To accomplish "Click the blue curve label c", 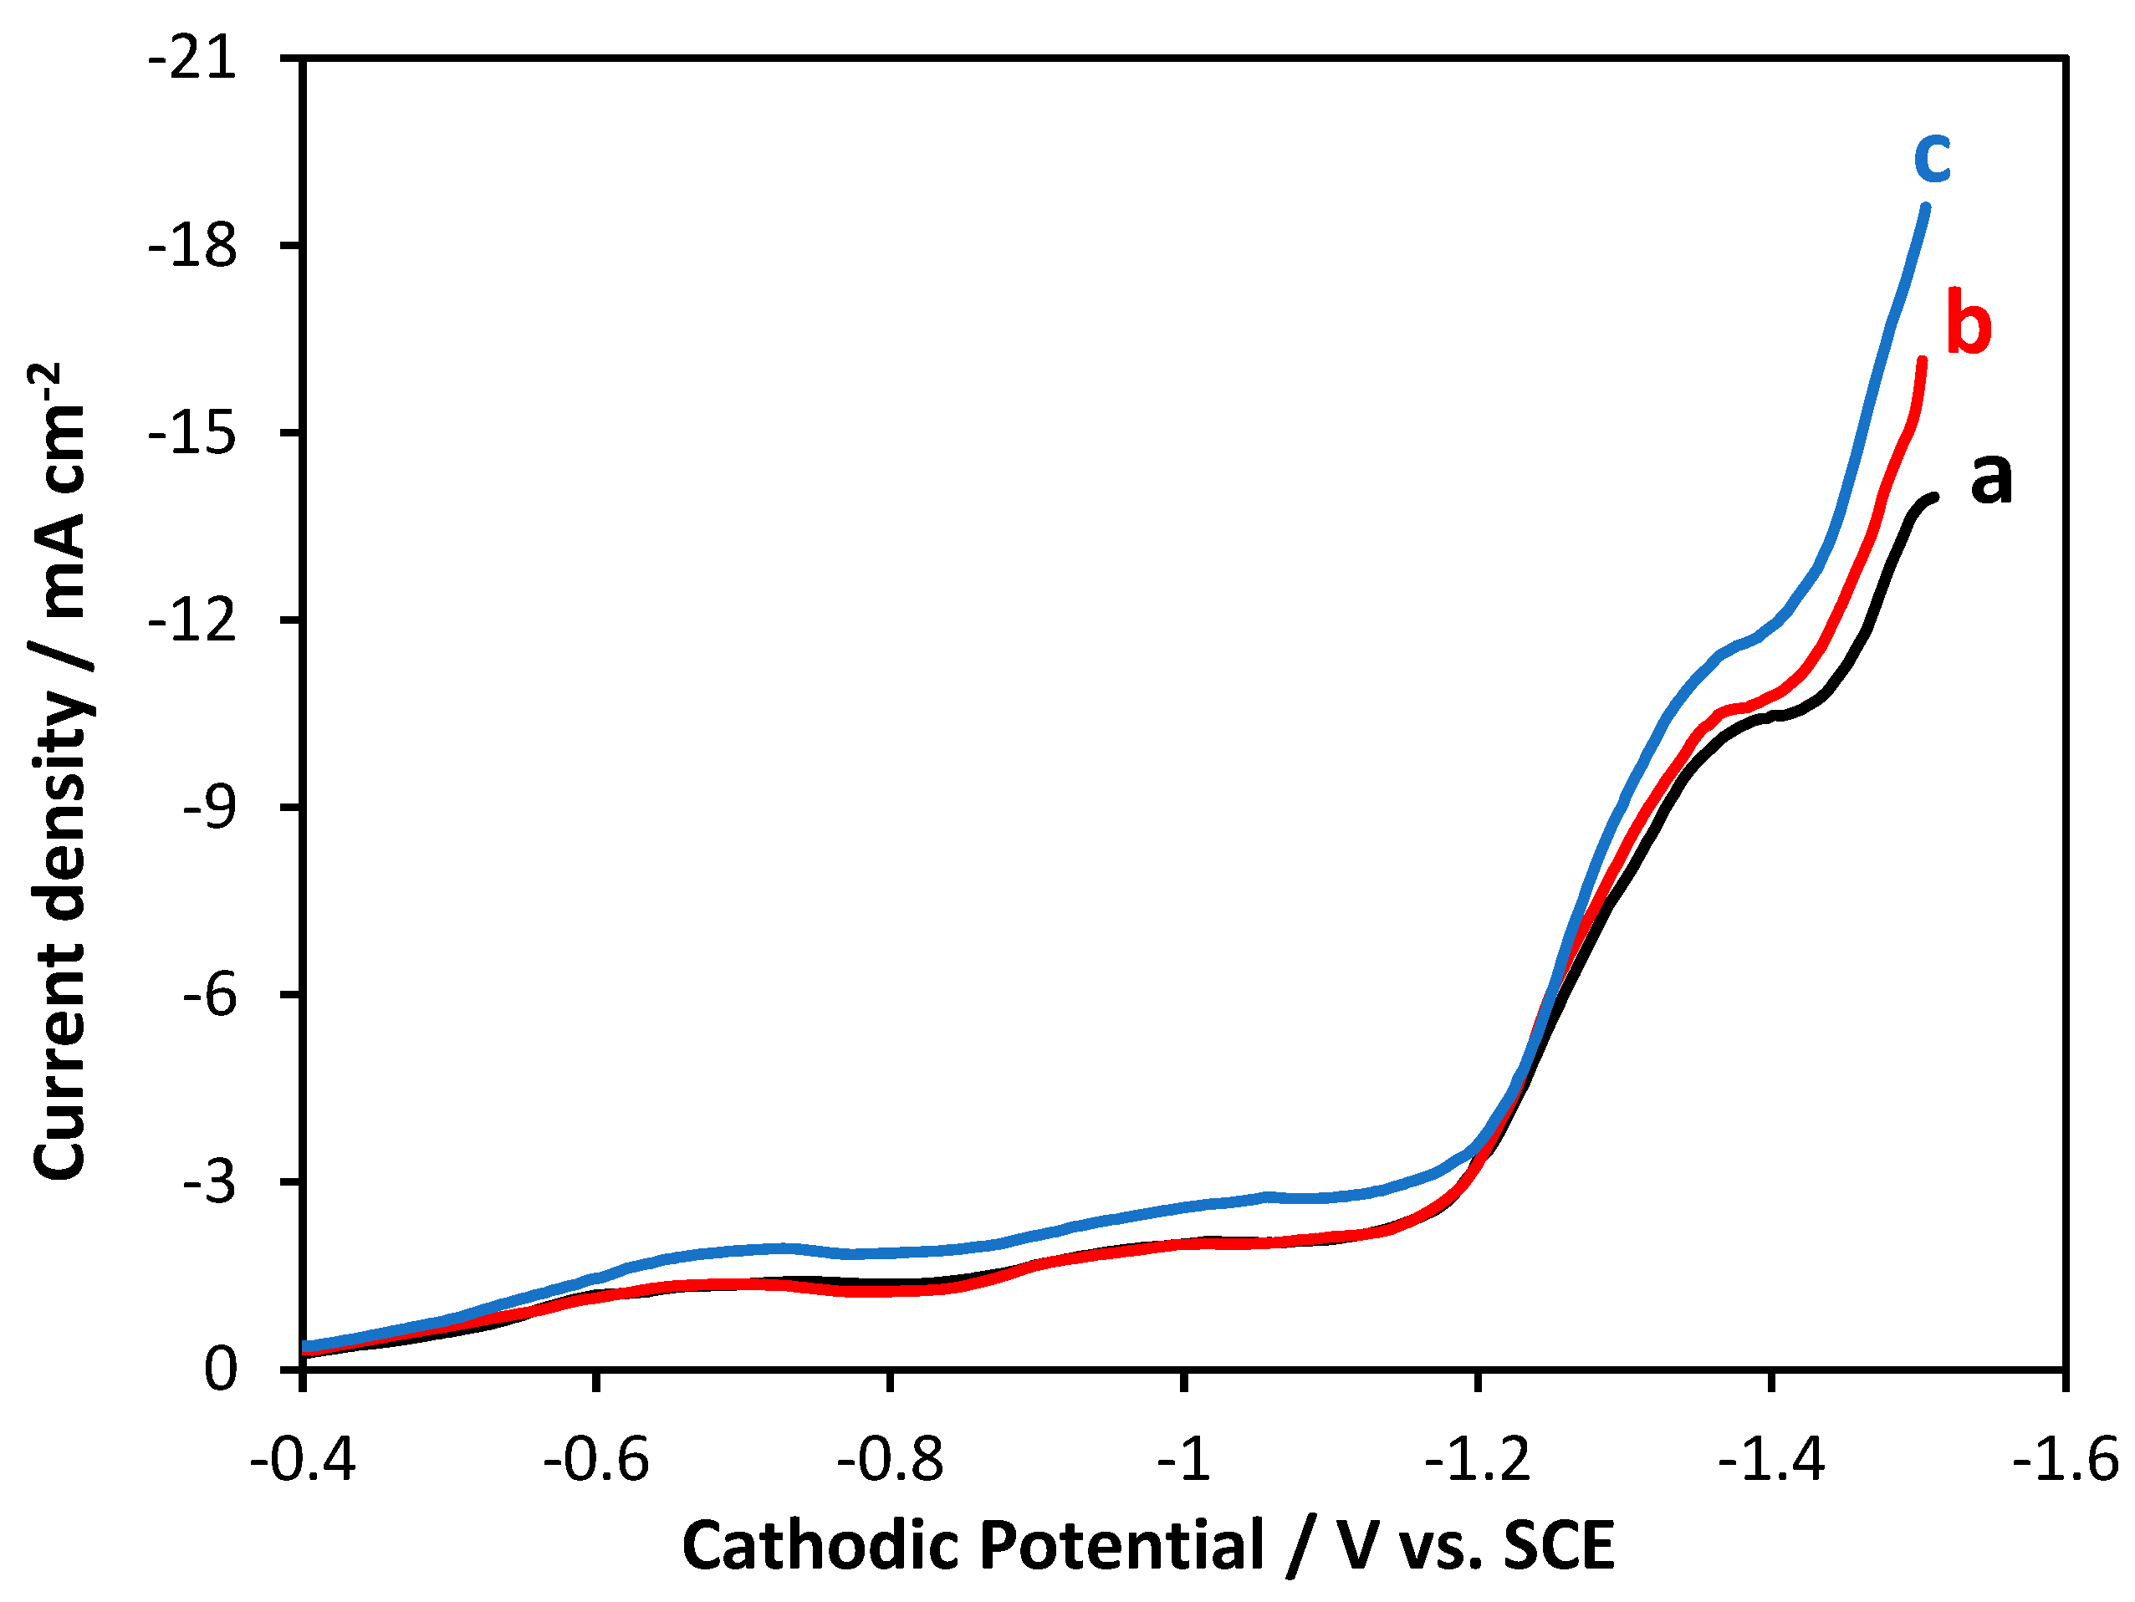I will pyautogui.click(x=1933, y=157).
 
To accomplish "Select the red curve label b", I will pyautogui.click(x=1968, y=324).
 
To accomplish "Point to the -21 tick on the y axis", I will pyautogui.click(x=192, y=60).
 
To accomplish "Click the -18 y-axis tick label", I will pyautogui.click(x=192, y=246).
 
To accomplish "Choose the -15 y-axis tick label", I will pyautogui.click(x=192, y=433).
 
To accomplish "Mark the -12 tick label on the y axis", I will pyautogui.click(x=192, y=620).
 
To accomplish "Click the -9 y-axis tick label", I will pyautogui.click(x=208, y=808).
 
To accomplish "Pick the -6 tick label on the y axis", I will pyautogui.click(x=208, y=995).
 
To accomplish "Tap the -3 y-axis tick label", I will pyautogui.click(x=208, y=1182).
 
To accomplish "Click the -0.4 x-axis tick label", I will pyautogui.click(x=302, y=1459).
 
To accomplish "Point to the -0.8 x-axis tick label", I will pyautogui.click(x=889, y=1459).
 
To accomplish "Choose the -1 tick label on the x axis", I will pyautogui.click(x=1183, y=1459).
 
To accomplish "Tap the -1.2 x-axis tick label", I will pyautogui.click(x=1477, y=1459).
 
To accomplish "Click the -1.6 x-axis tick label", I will pyautogui.click(x=2065, y=1459).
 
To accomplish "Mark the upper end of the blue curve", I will pyautogui.click(x=1926, y=207).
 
